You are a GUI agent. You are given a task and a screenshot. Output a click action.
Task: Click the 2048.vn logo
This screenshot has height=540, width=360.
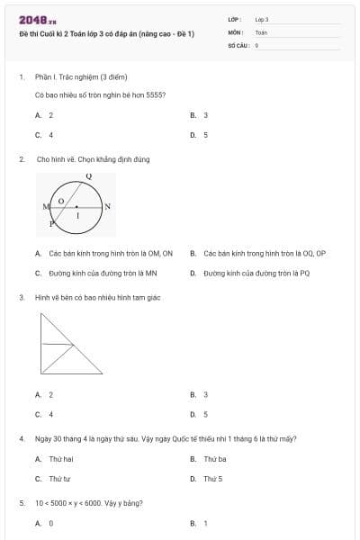click(37, 20)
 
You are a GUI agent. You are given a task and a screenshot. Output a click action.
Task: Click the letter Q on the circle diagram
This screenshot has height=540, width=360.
click(88, 175)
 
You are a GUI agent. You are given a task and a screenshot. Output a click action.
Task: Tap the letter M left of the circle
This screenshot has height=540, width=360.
click(45, 207)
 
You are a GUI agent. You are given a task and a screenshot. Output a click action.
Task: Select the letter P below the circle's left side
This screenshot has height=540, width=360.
click(51, 221)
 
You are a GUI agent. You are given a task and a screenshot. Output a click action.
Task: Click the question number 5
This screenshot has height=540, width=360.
click(21, 502)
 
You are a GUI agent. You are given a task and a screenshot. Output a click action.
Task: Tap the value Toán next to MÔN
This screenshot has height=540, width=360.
click(261, 31)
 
